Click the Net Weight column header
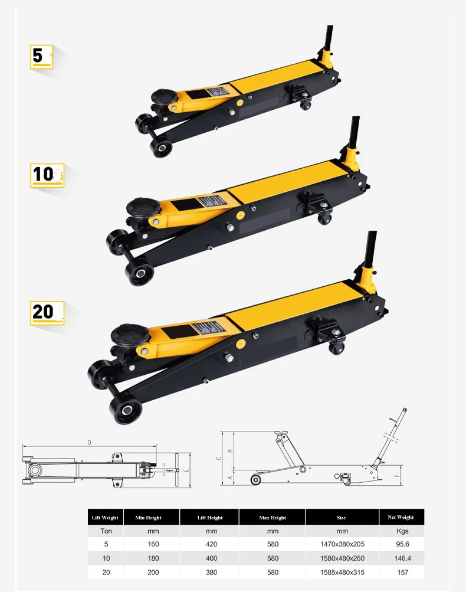(x=402, y=518)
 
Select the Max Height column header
(x=272, y=518)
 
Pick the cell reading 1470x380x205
(x=342, y=544)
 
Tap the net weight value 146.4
(x=402, y=558)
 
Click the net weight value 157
(x=402, y=572)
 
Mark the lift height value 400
(x=211, y=558)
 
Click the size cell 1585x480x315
(x=342, y=572)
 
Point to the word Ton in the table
(x=106, y=531)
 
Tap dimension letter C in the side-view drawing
(x=218, y=457)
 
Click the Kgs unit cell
(x=402, y=531)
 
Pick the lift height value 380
(x=211, y=572)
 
